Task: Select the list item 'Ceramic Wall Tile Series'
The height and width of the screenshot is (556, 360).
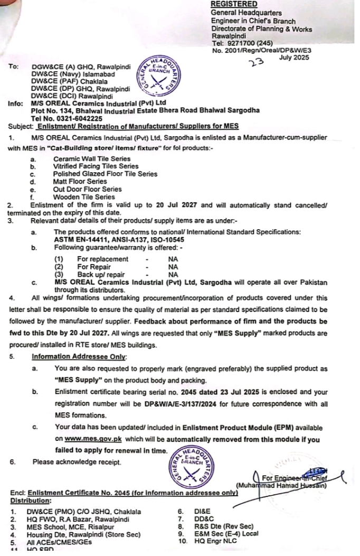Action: (92, 158)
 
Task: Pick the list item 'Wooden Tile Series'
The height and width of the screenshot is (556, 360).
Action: (84, 196)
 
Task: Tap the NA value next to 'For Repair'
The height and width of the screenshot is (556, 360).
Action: (173, 267)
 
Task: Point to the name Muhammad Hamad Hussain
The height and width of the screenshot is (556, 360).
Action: (282, 485)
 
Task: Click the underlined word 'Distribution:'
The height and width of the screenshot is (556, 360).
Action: (31, 500)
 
